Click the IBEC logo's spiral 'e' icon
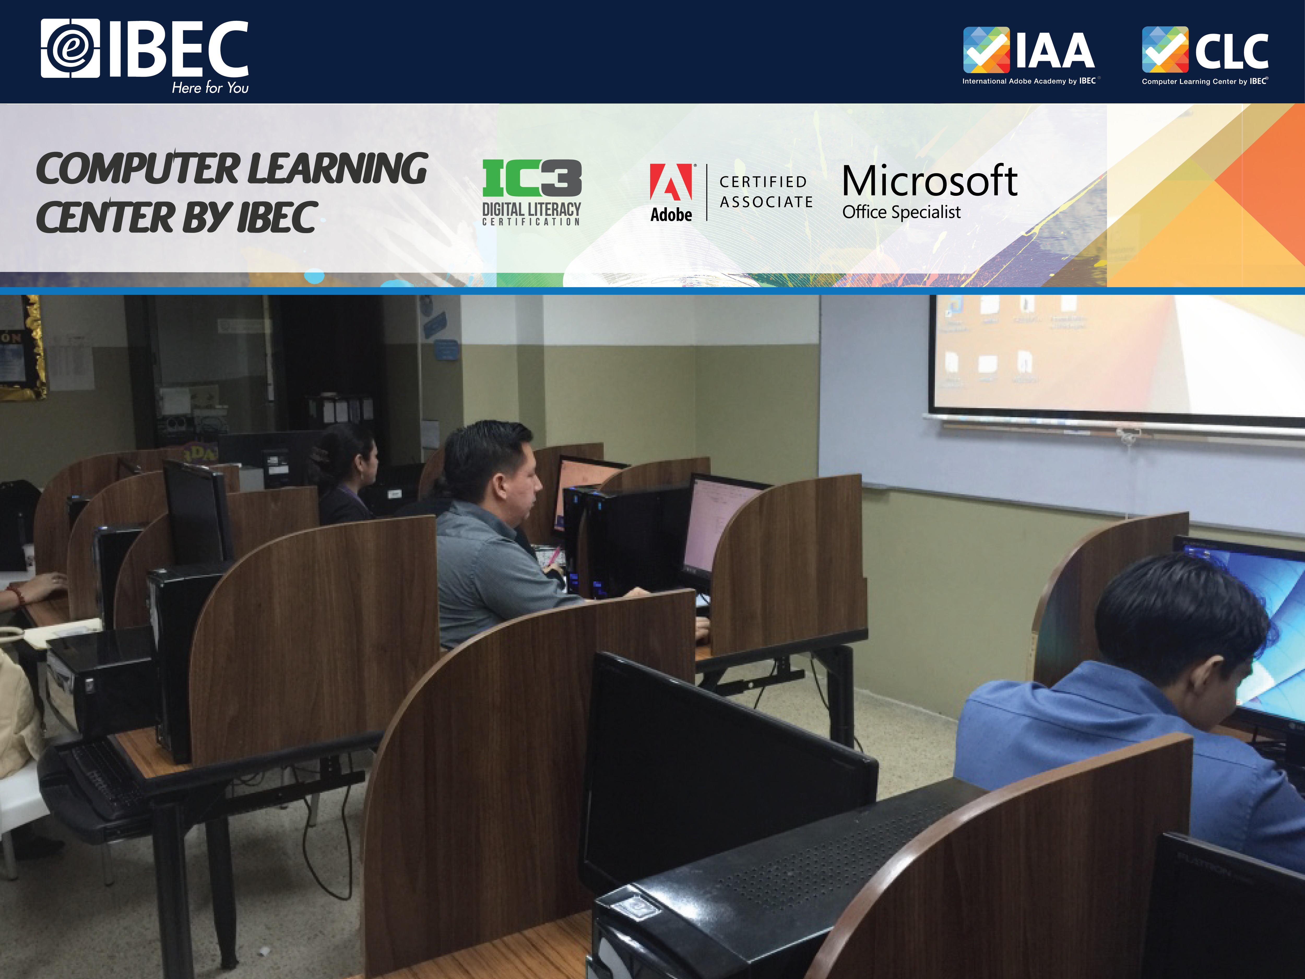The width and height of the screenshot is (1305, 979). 70,48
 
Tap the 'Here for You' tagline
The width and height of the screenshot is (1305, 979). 210,88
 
